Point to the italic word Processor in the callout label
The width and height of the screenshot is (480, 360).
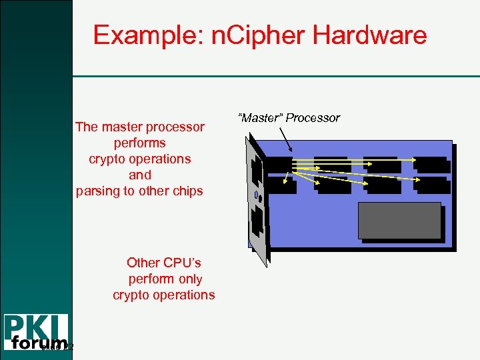click(313, 118)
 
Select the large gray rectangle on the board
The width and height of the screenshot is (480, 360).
click(399, 220)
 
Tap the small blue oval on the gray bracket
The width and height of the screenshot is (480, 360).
click(257, 195)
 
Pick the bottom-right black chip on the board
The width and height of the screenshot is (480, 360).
click(430, 185)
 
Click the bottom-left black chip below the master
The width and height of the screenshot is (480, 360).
click(280, 185)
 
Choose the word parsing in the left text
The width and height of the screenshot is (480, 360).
click(97, 191)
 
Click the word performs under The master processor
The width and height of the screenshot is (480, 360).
click(140, 143)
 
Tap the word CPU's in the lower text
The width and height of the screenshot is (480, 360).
click(182, 263)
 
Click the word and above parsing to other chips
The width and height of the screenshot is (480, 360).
click(140, 175)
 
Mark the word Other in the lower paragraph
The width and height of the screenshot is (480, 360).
click(143, 263)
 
